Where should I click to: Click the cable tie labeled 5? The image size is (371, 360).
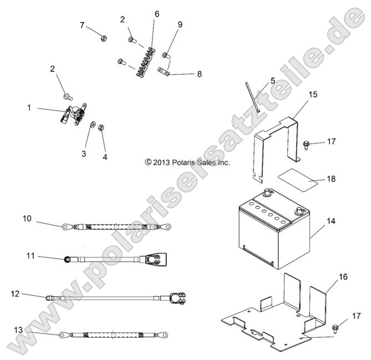(x=252, y=98)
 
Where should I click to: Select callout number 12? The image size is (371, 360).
(x=15, y=293)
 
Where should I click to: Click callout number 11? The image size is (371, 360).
(x=31, y=256)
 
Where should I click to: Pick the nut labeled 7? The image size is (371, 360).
(x=104, y=38)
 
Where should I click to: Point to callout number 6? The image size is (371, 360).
(x=156, y=14)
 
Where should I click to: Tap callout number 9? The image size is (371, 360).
(x=180, y=24)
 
